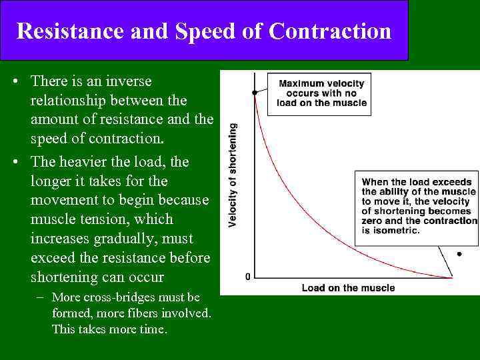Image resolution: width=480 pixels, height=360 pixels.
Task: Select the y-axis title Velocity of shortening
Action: (x=233, y=175)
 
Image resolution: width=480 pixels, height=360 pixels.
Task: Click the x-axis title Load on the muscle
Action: (x=348, y=288)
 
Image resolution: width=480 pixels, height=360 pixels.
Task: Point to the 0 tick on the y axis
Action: (x=248, y=276)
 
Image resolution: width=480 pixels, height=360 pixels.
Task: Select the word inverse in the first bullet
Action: (x=128, y=81)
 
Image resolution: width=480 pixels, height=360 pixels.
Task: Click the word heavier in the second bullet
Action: (x=107, y=162)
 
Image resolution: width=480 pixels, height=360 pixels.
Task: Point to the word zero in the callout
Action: (x=374, y=221)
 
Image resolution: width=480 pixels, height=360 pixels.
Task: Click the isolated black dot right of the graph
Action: (x=459, y=254)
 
